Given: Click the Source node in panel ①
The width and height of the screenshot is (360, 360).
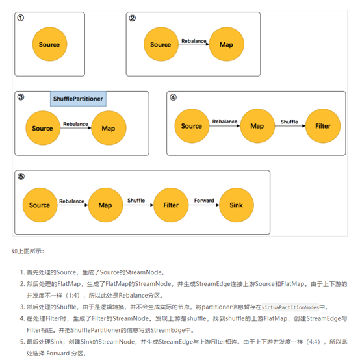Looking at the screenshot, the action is point(49,44).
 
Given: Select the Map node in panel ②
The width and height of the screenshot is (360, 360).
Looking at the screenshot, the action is point(227,44).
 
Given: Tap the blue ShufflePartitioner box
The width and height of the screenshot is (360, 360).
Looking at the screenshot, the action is point(78,99).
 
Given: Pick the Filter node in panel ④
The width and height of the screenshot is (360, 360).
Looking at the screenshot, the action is point(323,126).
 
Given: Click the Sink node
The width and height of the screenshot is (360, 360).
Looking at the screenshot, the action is point(237,205).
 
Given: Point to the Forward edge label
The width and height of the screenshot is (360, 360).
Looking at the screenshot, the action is point(204,201).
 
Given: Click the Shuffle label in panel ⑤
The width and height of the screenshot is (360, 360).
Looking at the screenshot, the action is point(136,201).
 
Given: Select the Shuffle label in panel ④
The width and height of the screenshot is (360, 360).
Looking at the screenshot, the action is point(289,122).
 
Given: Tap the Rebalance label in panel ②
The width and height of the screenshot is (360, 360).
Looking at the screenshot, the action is point(194,41).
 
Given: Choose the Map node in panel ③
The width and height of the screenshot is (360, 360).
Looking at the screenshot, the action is point(109,128).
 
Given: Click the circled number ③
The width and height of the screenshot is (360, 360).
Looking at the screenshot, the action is point(21,97).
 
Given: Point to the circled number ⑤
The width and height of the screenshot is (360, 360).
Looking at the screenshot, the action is point(21,177).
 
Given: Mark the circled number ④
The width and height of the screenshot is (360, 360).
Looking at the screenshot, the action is point(173,97).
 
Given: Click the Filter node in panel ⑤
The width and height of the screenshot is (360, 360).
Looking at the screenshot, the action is point(171,205).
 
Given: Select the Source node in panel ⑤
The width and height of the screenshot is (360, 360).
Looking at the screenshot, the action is point(40,205).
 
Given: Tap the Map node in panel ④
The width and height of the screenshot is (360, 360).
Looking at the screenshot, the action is point(257,126).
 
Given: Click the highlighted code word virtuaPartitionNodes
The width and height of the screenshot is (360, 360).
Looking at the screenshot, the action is point(290,307).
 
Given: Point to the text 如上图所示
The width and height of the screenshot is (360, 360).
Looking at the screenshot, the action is point(27,251).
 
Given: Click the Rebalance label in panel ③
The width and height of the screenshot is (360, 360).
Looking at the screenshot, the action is point(75,124).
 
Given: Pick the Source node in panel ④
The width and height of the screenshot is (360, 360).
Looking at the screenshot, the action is point(192,126).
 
